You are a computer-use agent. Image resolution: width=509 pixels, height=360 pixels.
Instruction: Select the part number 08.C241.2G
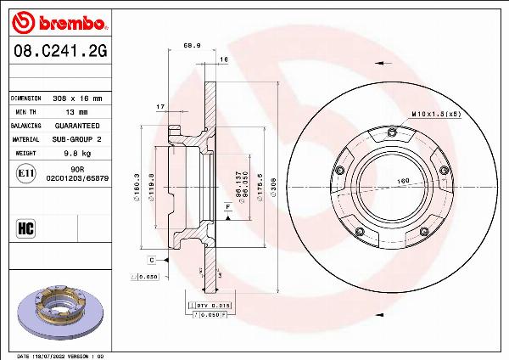pos(60,51)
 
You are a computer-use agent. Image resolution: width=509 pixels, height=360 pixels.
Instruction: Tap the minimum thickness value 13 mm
pos(76,111)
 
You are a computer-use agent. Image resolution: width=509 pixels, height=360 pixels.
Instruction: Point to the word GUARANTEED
pos(78,125)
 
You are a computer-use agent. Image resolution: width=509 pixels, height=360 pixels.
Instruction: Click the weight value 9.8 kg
pos(77,153)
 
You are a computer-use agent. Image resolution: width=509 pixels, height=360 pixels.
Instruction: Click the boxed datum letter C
pos(151,259)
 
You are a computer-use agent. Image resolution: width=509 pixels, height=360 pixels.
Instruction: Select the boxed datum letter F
pos(228,205)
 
